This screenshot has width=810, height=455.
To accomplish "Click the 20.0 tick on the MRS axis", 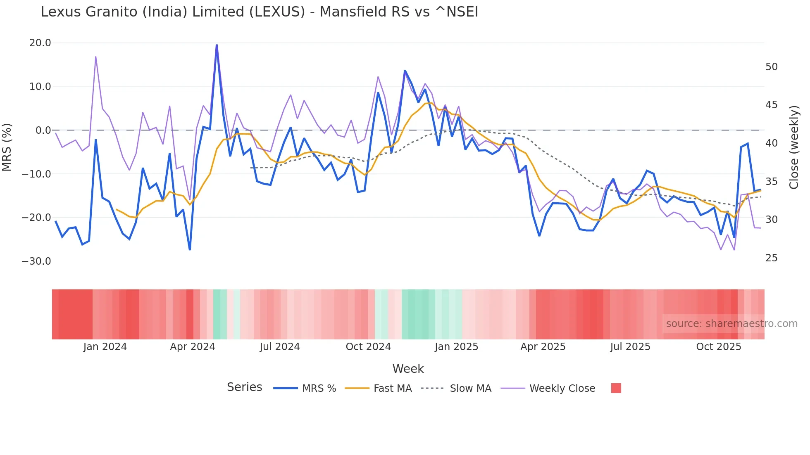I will pyautogui.click(x=40, y=43).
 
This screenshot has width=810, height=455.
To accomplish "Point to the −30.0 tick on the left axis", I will pyautogui.click(x=36, y=261).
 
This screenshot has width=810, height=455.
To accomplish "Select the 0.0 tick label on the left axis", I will pyautogui.click(x=43, y=130).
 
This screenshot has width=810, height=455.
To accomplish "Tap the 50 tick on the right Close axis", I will pyautogui.click(x=771, y=67).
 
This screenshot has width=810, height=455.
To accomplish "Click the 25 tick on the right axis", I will pyautogui.click(x=771, y=258).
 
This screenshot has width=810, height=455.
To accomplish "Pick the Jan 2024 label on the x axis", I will pyautogui.click(x=105, y=347).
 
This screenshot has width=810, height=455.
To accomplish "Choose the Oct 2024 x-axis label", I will pyautogui.click(x=368, y=347).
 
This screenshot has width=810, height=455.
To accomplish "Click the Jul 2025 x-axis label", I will pyautogui.click(x=630, y=347).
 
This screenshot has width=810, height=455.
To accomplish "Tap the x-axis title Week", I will pyautogui.click(x=408, y=369).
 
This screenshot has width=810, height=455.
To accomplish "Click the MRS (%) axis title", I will pyautogui.click(x=7, y=147).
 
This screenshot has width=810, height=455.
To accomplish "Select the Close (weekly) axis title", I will pyautogui.click(x=793, y=147).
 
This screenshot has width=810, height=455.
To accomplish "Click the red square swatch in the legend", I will pyautogui.click(x=616, y=388).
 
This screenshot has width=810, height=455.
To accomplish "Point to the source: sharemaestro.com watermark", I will pyautogui.click(x=731, y=324).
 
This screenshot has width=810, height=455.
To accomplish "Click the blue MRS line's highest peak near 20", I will pyautogui.click(x=217, y=45).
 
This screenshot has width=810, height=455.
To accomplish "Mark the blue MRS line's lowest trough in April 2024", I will pyautogui.click(x=190, y=249).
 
